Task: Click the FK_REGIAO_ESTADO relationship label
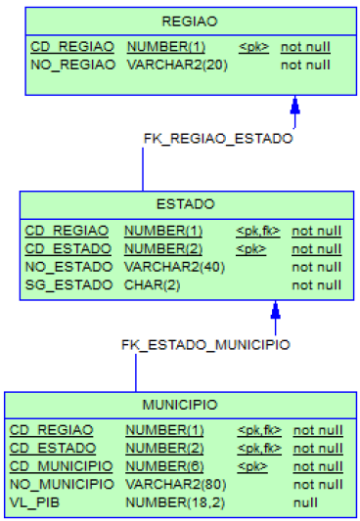click(217, 138)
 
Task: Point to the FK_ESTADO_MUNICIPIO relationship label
click(205, 344)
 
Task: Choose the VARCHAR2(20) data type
click(173, 65)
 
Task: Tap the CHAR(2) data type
click(152, 284)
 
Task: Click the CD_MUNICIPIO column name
click(61, 466)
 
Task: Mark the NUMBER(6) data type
click(164, 466)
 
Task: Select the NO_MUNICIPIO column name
click(61, 484)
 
